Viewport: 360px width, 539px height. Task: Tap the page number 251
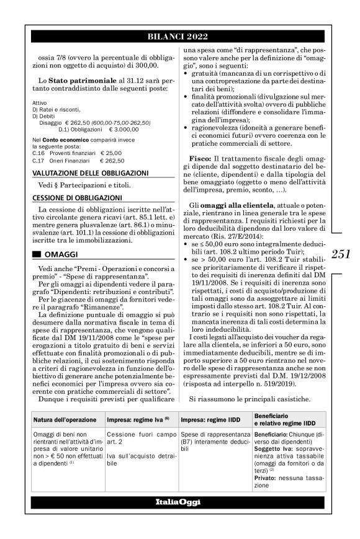click(x=341, y=253)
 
